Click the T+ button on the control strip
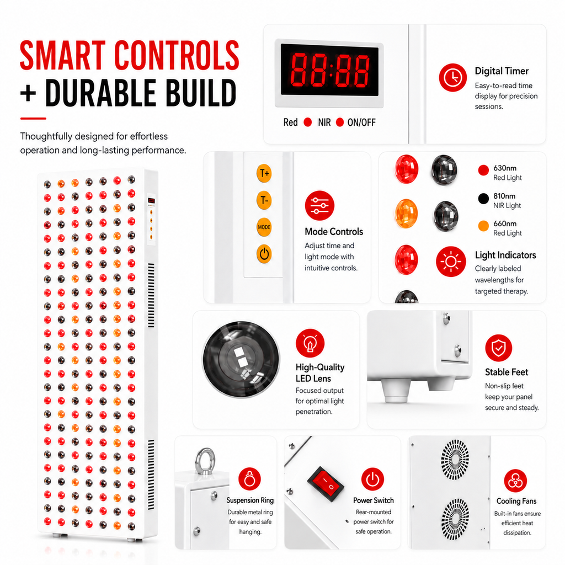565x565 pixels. click(264, 173)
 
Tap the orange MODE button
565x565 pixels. click(264, 227)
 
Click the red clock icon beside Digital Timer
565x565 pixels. click(452, 77)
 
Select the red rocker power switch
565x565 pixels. click(326, 484)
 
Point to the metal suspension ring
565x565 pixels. click(205, 461)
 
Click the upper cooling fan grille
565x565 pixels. click(455, 460)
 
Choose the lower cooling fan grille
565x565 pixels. click(455, 519)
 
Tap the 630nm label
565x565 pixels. click(505, 168)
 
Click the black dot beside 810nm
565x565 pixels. click(483, 198)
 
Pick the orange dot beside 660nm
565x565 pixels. click(483, 226)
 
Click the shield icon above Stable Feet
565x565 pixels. click(499, 348)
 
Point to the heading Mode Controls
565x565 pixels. click(334, 232)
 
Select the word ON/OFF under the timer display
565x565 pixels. click(361, 122)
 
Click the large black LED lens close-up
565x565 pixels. click(241, 360)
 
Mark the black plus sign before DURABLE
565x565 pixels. click(28, 93)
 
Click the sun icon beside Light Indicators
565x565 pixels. click(451, 262)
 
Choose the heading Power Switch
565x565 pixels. click(374, 500)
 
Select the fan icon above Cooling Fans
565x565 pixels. click(515, 481)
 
